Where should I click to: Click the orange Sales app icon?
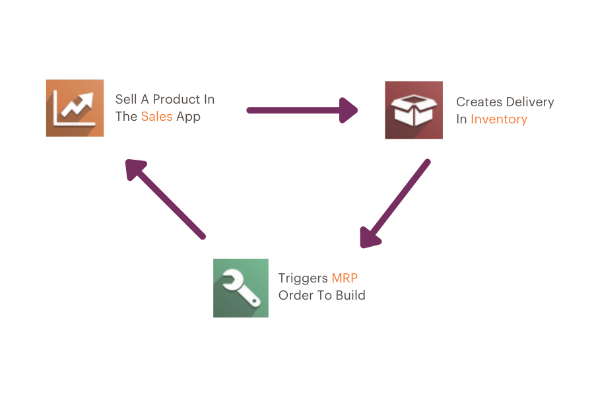[x=75, y=108]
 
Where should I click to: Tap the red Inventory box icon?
[x=414, y=110]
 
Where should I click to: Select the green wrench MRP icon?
[x=241, y=288]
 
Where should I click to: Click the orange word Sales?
[x=156, y=117]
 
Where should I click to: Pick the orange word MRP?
[x=345, y=278]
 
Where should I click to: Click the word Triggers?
[x=302, y=278]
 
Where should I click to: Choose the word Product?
[x=175, y=100]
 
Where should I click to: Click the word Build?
[x=350, y=295]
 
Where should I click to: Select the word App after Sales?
[x=188, y=117]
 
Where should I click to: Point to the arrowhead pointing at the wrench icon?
[x=370, y=237]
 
